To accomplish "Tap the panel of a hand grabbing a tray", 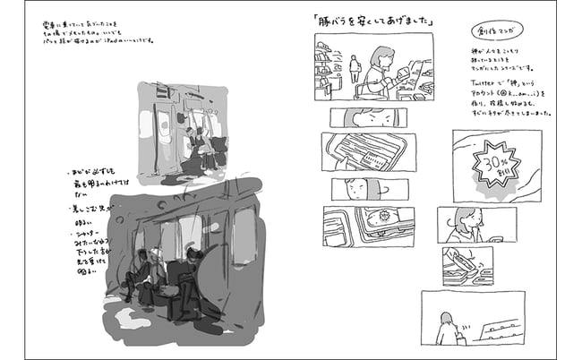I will (x=466, y=265).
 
